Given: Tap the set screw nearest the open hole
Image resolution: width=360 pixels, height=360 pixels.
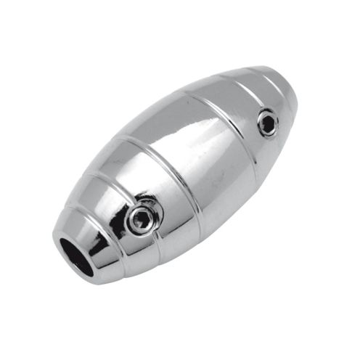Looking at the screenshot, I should click(143, 215).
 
